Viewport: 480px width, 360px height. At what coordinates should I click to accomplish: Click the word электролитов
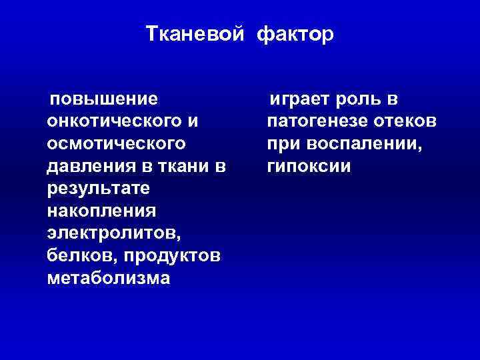click(x=114, y=233)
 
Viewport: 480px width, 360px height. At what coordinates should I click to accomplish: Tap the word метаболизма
click(x=109, y=278)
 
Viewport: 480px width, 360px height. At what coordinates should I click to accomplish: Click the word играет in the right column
click(x=301, y=100)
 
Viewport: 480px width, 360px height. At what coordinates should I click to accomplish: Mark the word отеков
click(x=406, y=122)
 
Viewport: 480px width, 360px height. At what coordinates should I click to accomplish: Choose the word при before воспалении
click(x=283, y=144)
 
